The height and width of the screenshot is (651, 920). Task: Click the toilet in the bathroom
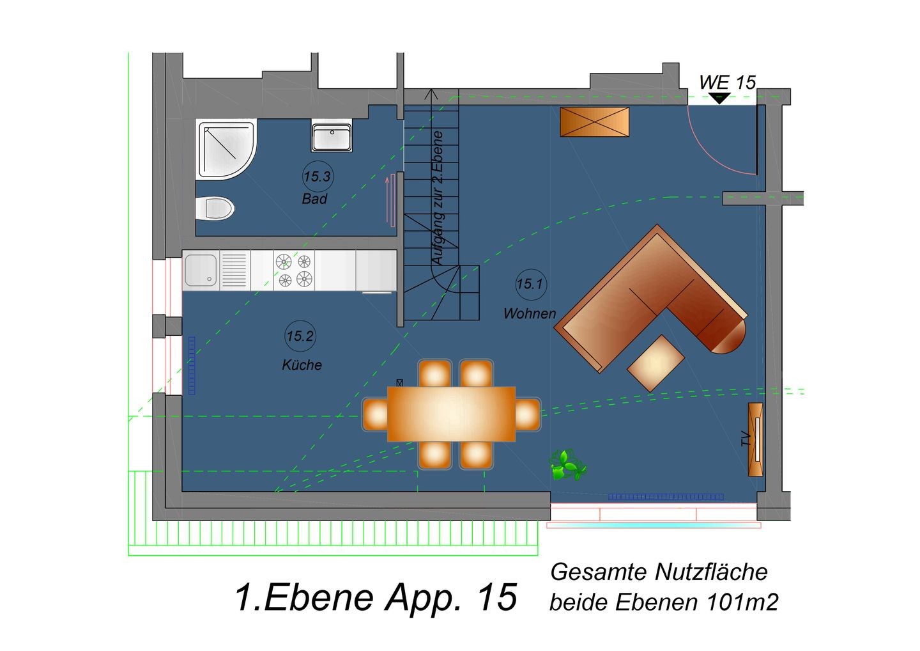[x=215, y=208]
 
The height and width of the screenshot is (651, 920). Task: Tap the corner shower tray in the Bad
[x=226, y=150]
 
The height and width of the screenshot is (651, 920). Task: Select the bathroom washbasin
[x=332, y=136]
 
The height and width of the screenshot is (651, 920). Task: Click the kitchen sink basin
[x=201, y=270]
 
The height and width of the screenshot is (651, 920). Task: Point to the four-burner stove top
[x=294, y=270]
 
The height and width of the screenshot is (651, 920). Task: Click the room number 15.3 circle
[x=318, y=176]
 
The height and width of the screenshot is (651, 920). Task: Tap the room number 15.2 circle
[x=300, y=336]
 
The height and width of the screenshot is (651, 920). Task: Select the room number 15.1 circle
[x=531, y=284]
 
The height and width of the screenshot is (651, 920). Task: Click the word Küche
[x=302, y=365]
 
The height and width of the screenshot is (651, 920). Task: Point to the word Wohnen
[x=530, y=313]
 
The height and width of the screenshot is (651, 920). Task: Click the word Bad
[x=314, y=199]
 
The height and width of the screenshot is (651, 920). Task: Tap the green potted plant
[x=567, y=466]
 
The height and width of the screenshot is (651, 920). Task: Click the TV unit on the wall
[x=756, y=439]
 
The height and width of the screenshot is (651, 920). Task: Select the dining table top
[x=451, y=414]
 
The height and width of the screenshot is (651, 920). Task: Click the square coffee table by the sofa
[x=656, y=363]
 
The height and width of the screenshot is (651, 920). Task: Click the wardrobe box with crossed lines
[x=595, y=122]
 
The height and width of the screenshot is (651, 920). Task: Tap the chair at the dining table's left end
[x=375, y=414]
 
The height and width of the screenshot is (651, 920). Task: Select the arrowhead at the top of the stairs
[x=431, y=94]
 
